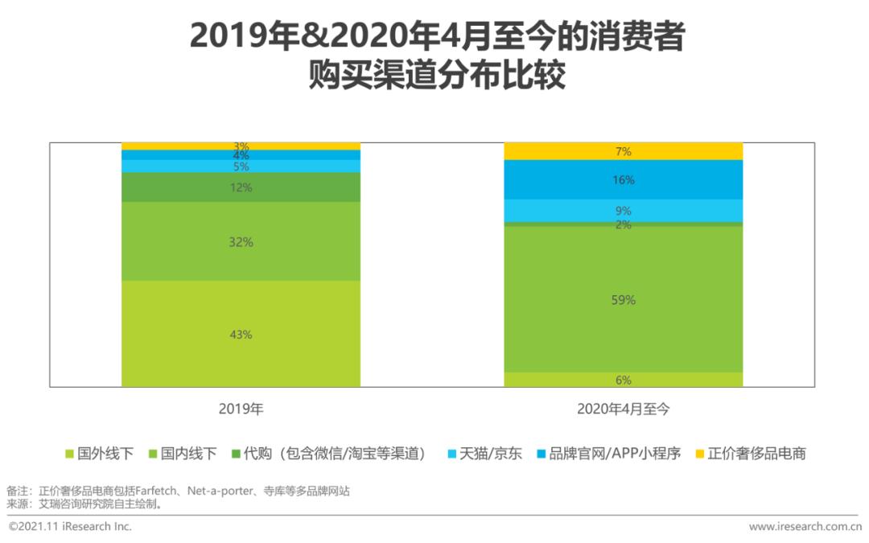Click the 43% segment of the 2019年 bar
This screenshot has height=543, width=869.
click(x=241, y=334)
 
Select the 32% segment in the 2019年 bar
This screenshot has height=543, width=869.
click(x=241, y=241)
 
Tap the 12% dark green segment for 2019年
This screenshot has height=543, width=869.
click(x=241, y=187)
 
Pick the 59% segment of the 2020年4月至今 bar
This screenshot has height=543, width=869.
click(x=624, y=299)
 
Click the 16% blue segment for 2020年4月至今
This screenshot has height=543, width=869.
click(x=624, y=180)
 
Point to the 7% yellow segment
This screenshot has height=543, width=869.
click(x=624, y=151)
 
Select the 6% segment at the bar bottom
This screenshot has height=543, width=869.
click(x=624, y=380)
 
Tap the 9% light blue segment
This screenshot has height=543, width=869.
click(x=624, y=211)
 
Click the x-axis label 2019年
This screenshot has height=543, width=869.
click(x=241, y=409)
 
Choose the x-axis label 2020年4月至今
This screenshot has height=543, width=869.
click(x=624, y=409)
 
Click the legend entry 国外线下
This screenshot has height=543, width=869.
click(x=99, y=454)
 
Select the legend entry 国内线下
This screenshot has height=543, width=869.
click(x=183, y=454)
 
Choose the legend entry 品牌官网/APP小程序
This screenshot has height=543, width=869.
click(x=608, y=454)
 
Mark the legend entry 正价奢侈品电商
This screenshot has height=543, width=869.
click(x=749, y=454)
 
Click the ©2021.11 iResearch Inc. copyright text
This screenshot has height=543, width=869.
click(x=70, y=527)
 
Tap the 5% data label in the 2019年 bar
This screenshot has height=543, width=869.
click(x=241, y=167)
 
